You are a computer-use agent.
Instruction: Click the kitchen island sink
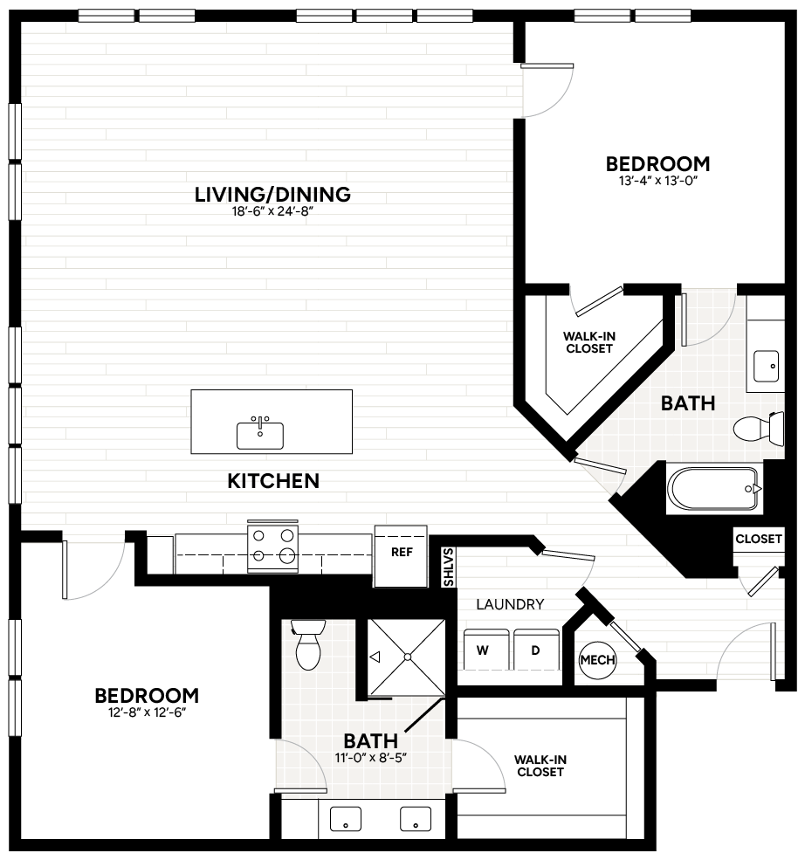coord(259,434)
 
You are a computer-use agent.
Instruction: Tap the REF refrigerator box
coord(401,553)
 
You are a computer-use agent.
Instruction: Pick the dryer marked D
coord(535,649)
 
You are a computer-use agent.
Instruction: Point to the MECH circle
coord(598,660)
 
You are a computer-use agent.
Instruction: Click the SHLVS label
coord(449,567)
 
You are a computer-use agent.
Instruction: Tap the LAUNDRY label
coord(510,604)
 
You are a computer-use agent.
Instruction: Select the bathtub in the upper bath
coord(712,490)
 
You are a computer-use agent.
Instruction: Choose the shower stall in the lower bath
coord(406,658)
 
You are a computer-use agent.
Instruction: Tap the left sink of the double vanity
coord(347,821)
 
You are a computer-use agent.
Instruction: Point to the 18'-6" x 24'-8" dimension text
coord(272,212)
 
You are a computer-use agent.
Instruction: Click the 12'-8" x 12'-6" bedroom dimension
coord(147,713)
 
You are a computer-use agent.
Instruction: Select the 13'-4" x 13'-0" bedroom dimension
coord(657,182)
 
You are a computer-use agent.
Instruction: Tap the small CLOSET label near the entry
coord(758,539)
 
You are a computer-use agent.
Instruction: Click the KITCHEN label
coord(273,481)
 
